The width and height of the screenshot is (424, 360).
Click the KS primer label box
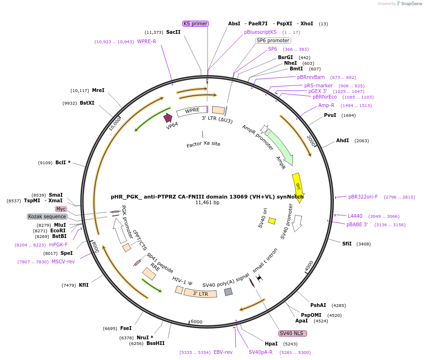[195, 23]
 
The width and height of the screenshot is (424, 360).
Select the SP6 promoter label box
[273, 40]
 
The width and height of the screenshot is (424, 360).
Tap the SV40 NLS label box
[293, 333]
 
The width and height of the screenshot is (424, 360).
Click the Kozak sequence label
[47, 216]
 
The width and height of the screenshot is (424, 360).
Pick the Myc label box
[61, 209]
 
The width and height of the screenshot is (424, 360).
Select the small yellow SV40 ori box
[272, 221]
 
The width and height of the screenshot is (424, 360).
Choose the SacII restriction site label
[173, 32]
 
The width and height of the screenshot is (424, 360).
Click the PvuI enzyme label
[330, 115]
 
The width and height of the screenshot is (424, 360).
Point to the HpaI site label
[271, 344]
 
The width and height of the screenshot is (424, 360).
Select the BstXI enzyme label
[87, 103]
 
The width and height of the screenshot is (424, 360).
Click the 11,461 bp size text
[207, 203]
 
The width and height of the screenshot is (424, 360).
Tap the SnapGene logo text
[410, 4]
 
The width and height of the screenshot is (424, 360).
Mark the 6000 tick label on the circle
[196, 322]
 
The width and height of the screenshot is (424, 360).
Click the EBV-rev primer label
[223, 352]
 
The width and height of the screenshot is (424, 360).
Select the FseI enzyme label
[126, 329]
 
